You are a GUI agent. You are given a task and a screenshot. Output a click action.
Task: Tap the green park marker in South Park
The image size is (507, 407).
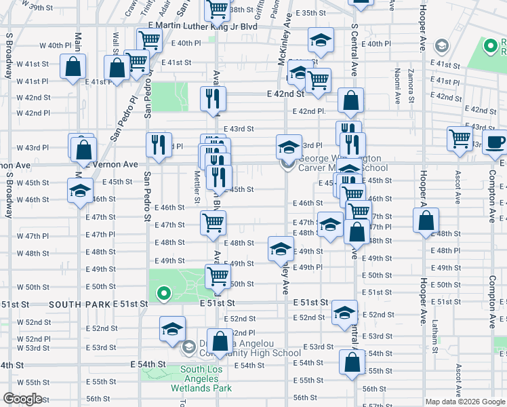tap(163, 294)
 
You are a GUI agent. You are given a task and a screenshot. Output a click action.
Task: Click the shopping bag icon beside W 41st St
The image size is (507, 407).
tap(73, 67)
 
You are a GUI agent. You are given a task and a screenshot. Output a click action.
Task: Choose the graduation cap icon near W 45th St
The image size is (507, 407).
tap(81, 190)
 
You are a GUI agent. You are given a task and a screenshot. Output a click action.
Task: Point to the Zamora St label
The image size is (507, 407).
tap(411, 84)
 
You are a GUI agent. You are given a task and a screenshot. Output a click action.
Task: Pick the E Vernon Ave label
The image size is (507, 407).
tap(112, 165)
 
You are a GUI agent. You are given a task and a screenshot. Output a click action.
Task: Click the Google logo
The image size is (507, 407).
tap(23, 399)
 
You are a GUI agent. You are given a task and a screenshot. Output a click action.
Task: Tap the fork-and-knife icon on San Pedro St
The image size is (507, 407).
tap(157, 144)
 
